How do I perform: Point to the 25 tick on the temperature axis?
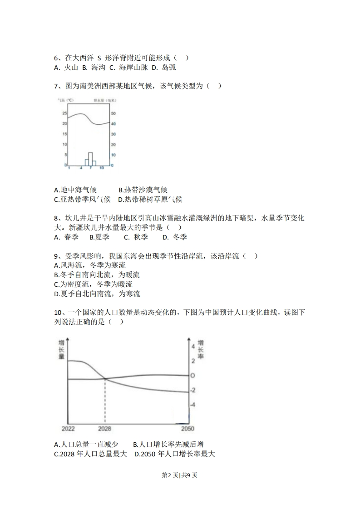64,113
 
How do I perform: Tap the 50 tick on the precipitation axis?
113,113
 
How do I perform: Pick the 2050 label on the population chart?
187,429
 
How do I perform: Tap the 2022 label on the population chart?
69,429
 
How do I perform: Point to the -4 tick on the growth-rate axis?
193,405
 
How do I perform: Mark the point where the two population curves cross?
105,378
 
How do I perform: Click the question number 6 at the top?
56,58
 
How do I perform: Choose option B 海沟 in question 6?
94,68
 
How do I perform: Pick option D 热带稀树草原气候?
150,200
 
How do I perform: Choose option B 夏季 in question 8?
99,237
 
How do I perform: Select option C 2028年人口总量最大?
90,454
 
